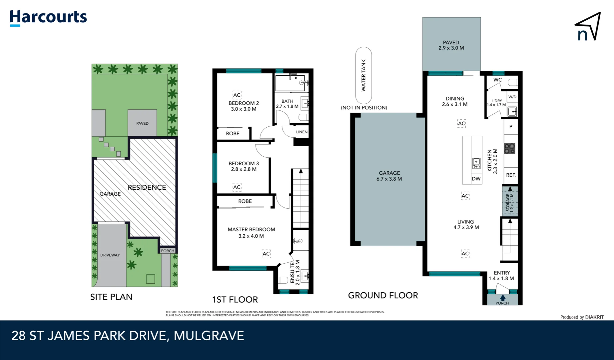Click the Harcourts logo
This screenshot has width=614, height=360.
click(48, 18)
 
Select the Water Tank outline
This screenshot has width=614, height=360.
click(363, 75)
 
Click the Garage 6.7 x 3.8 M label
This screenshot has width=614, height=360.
click(389, 176)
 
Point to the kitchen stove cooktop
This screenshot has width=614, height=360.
click(509, 148)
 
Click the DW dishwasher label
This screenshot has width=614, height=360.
click(476, 179)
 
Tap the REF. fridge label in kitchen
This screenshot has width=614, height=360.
click(511, 175)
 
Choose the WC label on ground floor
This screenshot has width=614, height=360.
click(497, 80)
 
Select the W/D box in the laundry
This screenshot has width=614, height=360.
click(512, 97)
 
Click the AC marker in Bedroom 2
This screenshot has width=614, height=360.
click(237, 95)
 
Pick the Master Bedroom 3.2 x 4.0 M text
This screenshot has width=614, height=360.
click(251, 233)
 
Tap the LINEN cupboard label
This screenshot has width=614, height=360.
click(302, 132)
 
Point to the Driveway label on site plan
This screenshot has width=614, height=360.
click(110, 255)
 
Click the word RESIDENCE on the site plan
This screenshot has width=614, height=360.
click(147, 187)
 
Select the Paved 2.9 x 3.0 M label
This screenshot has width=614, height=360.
click(451, 45)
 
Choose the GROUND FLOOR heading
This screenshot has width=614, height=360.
click(383, 295)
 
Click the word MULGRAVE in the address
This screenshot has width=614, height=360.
click(209, 336)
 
